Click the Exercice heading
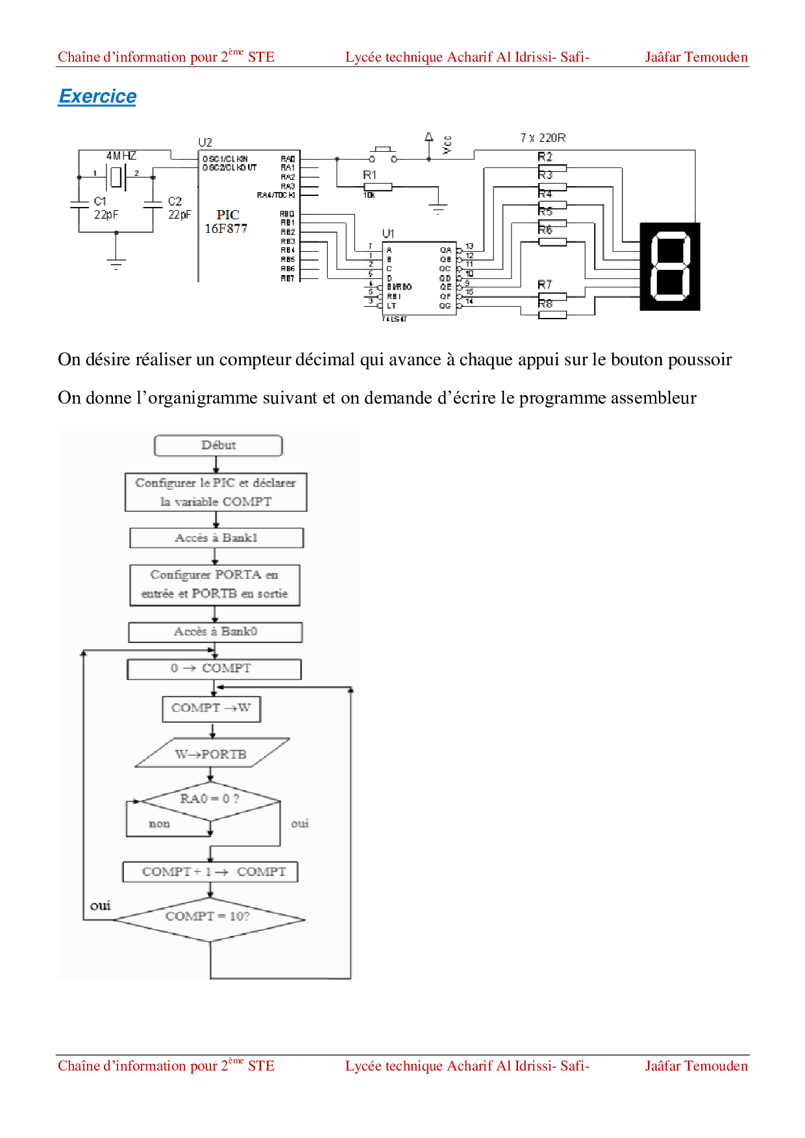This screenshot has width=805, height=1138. coord(97,96)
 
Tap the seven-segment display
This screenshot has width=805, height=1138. coord(670,267)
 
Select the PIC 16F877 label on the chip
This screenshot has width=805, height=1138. coord(226,221)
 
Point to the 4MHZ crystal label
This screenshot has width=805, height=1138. coord(121,156)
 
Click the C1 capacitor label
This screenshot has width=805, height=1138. coord(100,201)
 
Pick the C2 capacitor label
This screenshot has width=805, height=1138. coord(175,201)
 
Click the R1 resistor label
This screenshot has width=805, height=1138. coord(369,175)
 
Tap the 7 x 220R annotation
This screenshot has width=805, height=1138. coord(543,138)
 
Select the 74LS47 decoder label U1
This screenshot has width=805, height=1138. coord(388,233)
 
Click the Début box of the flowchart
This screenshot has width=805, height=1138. coord(218,446)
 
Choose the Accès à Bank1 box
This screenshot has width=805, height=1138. coord(216,538)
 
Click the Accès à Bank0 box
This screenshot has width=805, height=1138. coord(216,632)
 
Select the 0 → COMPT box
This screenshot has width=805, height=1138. coord(214,669)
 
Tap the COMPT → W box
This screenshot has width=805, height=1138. coord(211,708)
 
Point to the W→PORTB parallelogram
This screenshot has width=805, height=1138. coord(212,754)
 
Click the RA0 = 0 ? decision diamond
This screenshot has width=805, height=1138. coord(210,799)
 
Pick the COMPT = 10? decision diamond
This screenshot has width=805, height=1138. coord(208,917)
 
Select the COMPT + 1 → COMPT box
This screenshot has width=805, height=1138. coord(210,872)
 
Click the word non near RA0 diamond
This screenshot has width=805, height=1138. coord(159,824)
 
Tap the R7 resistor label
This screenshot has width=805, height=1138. coord(545,285)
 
